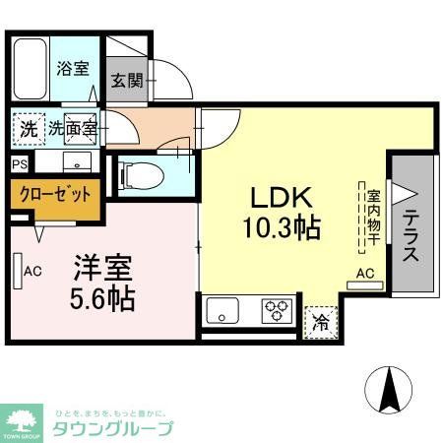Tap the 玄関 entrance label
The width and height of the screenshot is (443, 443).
124,81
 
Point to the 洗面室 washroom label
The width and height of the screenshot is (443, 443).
74,127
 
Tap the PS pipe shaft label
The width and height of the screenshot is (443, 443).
20,164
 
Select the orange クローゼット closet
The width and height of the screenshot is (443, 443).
55,194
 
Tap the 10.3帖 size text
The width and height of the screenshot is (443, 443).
280,229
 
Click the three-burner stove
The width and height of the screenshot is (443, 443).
275,312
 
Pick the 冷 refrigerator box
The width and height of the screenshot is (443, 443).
321,321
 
